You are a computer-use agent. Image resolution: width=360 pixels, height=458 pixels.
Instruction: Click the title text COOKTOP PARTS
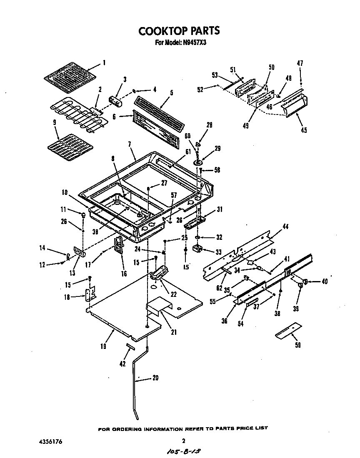tap(179, 31)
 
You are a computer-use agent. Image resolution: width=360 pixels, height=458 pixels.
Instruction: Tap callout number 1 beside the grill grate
tap(104, 63)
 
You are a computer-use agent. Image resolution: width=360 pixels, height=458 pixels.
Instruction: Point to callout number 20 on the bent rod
tap(155, 378)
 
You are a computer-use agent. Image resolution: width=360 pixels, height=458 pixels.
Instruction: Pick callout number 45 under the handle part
tap(303, 130)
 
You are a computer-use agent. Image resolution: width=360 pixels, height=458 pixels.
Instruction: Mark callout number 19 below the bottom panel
tap(103, 346)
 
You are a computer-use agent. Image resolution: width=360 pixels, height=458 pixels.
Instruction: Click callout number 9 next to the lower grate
tap(55, 122)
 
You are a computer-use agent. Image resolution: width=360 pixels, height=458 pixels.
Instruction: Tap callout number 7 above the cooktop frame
tap(130, 144)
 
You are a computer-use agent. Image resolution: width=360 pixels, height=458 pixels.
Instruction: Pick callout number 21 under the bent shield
tap(174, 332)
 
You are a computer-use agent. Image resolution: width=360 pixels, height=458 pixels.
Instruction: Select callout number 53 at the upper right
tap(215, 75)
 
